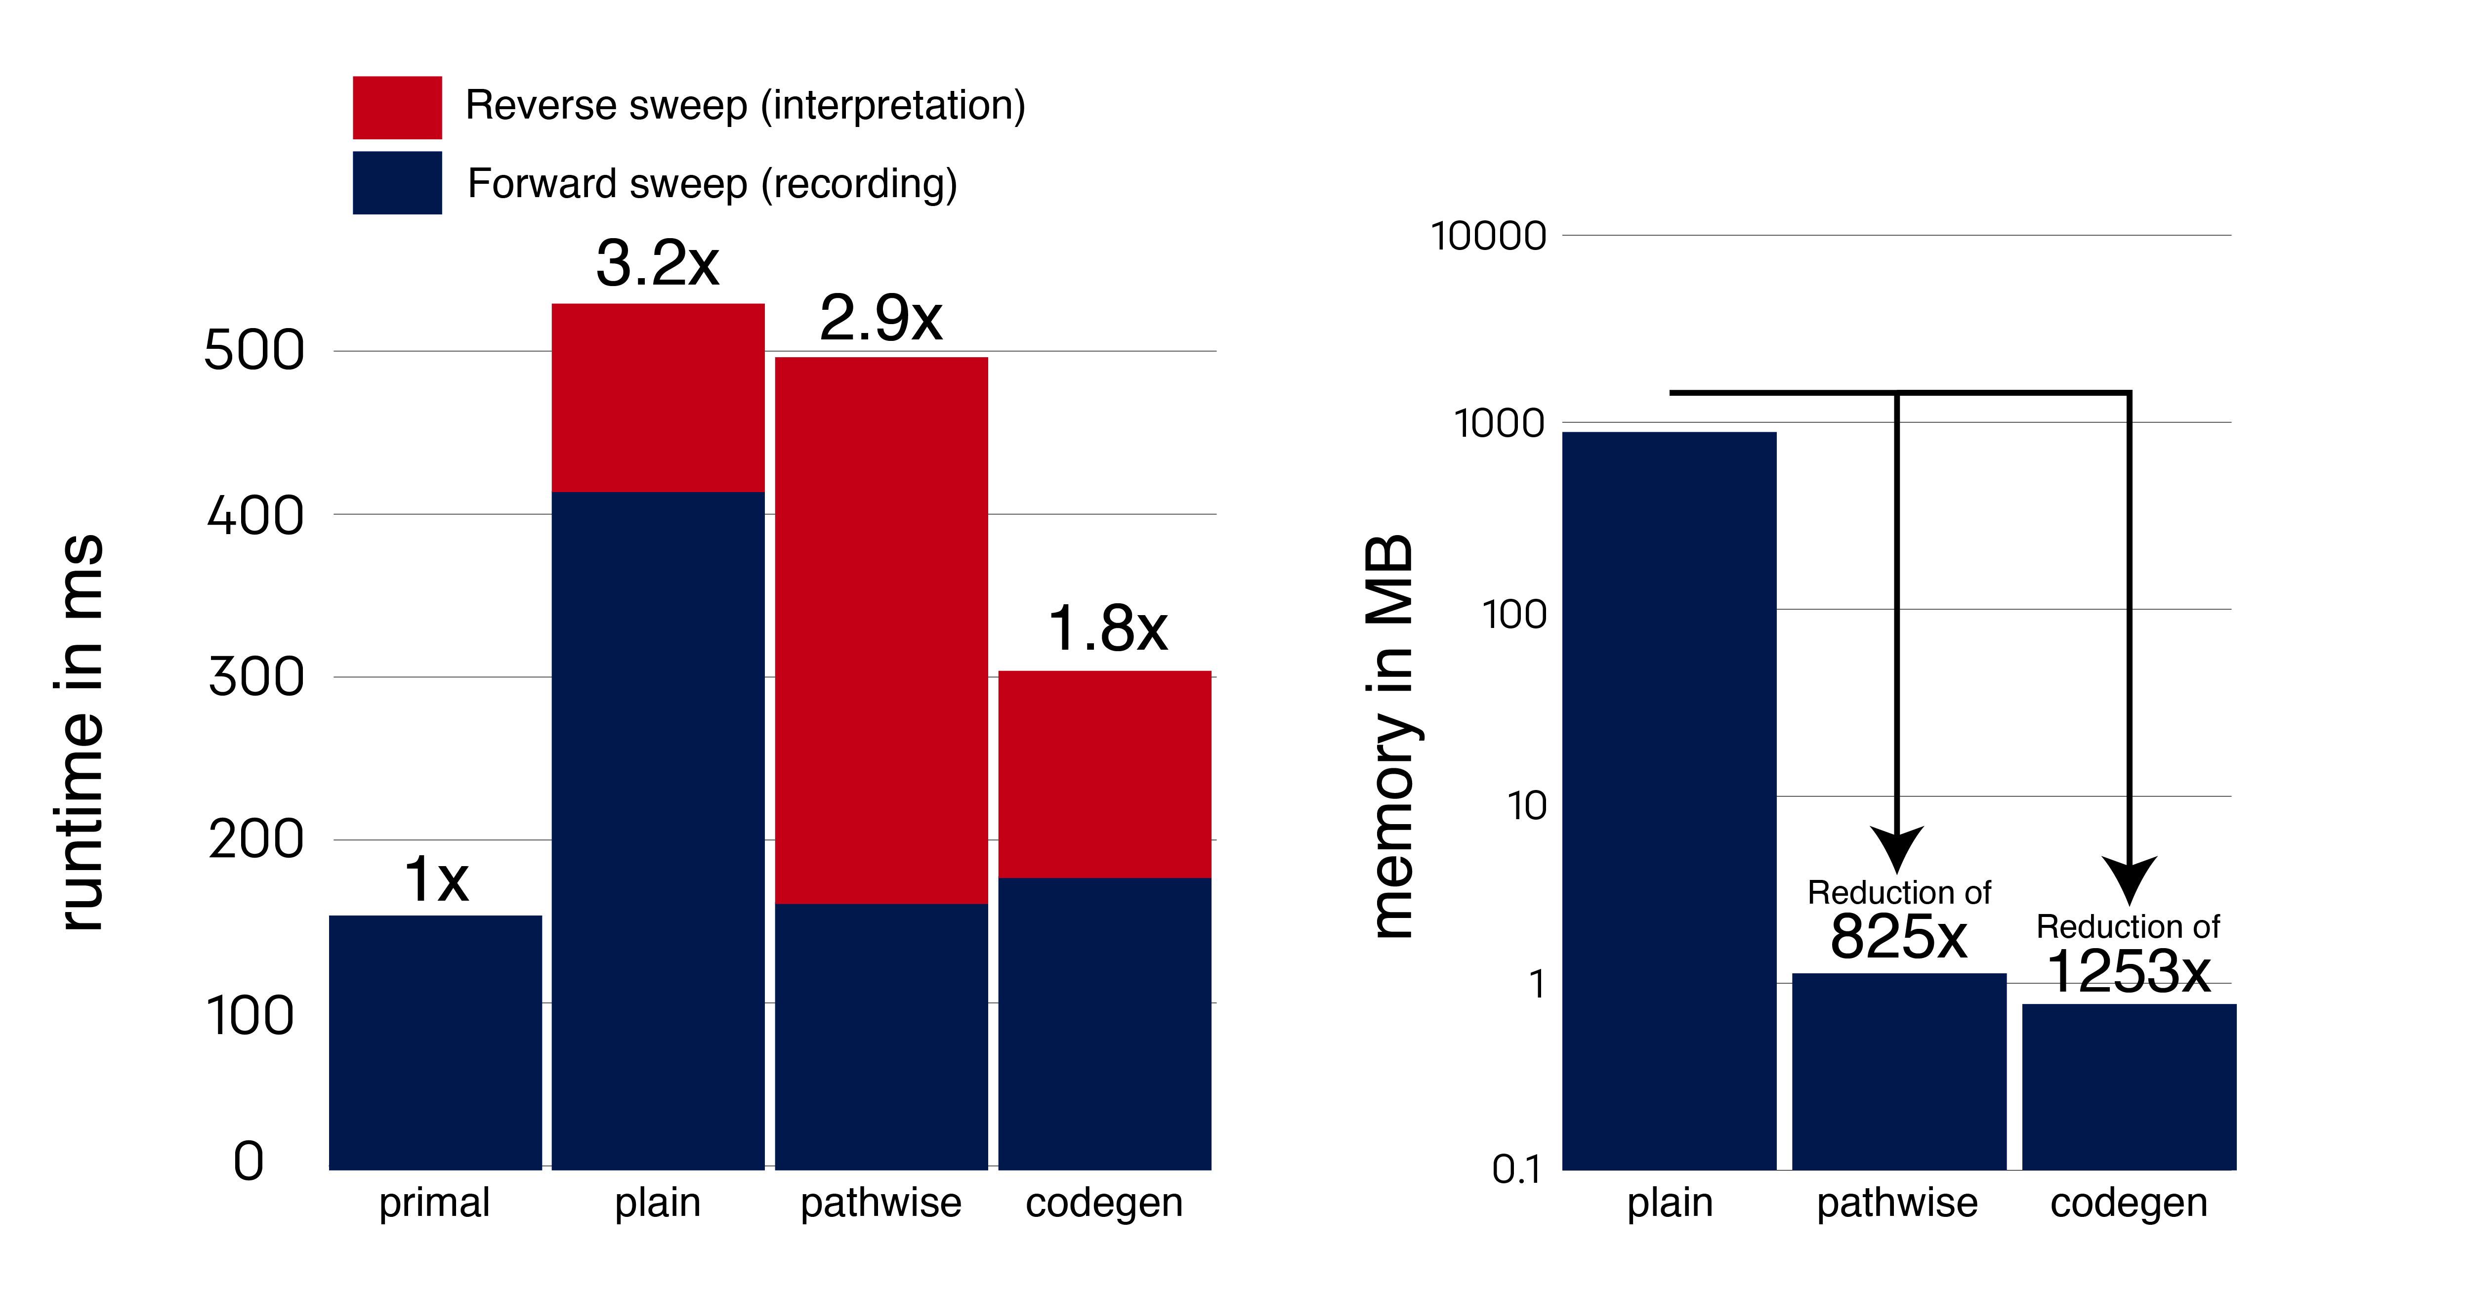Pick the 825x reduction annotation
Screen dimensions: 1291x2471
[x=1898, y=936]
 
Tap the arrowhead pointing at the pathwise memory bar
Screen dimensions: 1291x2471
[x=1896, y=849]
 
